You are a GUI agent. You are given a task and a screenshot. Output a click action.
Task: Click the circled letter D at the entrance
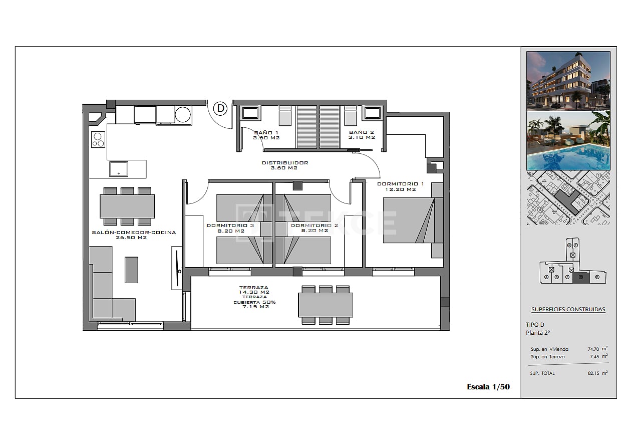click(221, 108)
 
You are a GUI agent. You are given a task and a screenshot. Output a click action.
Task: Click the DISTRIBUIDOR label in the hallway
click(284, 165)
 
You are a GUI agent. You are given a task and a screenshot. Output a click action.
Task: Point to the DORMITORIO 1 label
click(400, 186)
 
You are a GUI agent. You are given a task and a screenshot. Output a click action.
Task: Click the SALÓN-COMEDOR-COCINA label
click(134, 235)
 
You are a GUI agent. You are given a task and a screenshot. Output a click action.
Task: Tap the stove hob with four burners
click(98, 139)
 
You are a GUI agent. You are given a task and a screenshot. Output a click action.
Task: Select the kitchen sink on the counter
click(119, 169)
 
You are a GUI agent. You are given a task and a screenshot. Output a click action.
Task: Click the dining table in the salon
click(127, 206)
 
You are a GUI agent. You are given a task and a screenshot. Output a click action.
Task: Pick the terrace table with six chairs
click(326, 305)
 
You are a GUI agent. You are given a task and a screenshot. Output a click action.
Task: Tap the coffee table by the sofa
click(131, 270)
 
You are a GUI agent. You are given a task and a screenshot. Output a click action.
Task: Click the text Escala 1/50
click(488, 386)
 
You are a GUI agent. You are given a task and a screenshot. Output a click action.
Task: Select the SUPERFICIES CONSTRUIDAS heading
click(568, 309)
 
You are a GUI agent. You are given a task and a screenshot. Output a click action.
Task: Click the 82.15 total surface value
click(594, 373)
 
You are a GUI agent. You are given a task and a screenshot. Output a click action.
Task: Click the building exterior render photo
click(568, 81)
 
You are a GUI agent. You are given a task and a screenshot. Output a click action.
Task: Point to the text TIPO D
click(535, 325)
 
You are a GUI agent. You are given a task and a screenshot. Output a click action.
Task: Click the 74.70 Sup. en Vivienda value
click(594, 349)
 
